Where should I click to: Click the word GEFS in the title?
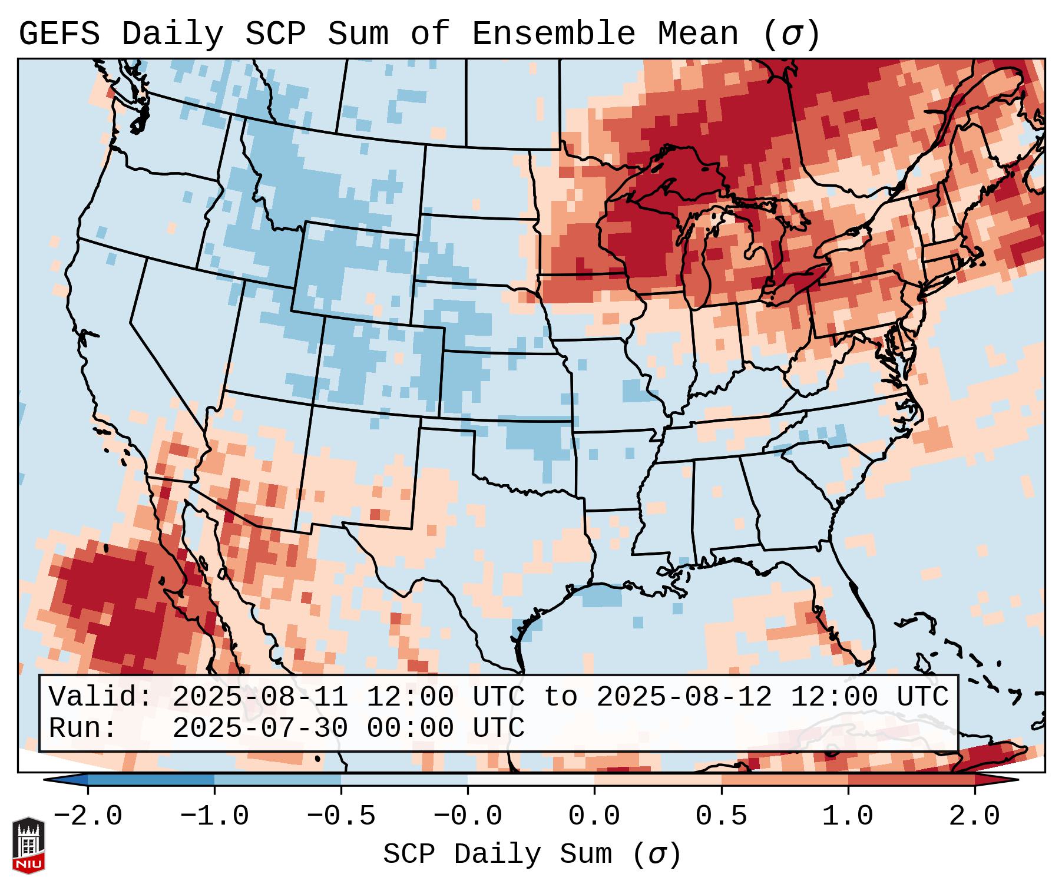tap(59, 35)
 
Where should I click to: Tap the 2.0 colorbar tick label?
tap(975, 816)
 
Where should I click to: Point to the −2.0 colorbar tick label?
tap(88, 816)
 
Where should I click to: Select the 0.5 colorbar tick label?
tap(722, 816)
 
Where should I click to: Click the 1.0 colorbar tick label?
tap(848, 816)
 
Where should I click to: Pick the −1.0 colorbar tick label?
tap(214, 816)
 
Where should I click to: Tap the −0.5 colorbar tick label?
tap(341, 816)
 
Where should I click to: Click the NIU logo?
tap(28, 845)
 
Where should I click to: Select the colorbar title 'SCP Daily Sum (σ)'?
tap(532, 854)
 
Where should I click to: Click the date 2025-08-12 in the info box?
tap(684, 697)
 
